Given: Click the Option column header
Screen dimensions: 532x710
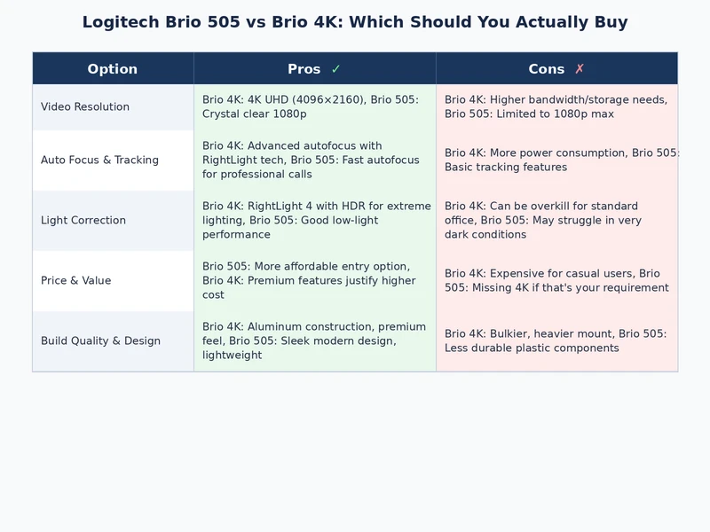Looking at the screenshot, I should point(113,69).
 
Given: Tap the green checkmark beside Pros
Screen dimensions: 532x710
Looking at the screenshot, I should point(335,69).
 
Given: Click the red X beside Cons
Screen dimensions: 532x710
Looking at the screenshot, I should point(580,69).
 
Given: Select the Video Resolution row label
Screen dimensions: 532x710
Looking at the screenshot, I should point(85,107).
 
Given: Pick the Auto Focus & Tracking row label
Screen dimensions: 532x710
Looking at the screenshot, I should point(99,160).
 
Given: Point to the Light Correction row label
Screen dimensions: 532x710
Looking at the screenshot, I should point(83,221).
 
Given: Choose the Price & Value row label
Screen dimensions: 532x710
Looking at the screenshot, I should point(76,281).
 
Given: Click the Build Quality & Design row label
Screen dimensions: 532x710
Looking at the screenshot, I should point(100,341).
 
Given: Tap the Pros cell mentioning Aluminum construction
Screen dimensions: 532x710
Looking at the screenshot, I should point(314,340).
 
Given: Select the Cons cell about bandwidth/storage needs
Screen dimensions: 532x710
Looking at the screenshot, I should point(556,106).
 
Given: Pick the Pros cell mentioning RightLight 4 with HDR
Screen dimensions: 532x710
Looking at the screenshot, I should point(314,220).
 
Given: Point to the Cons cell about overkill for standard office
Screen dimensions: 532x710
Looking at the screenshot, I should point(556,220).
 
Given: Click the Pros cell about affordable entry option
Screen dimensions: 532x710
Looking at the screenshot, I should point(314,280).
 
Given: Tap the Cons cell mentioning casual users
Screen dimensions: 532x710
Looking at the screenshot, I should point(556,280).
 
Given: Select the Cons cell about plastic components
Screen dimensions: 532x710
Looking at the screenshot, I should point(556,340).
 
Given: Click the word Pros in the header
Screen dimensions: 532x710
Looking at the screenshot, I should point(304,69).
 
